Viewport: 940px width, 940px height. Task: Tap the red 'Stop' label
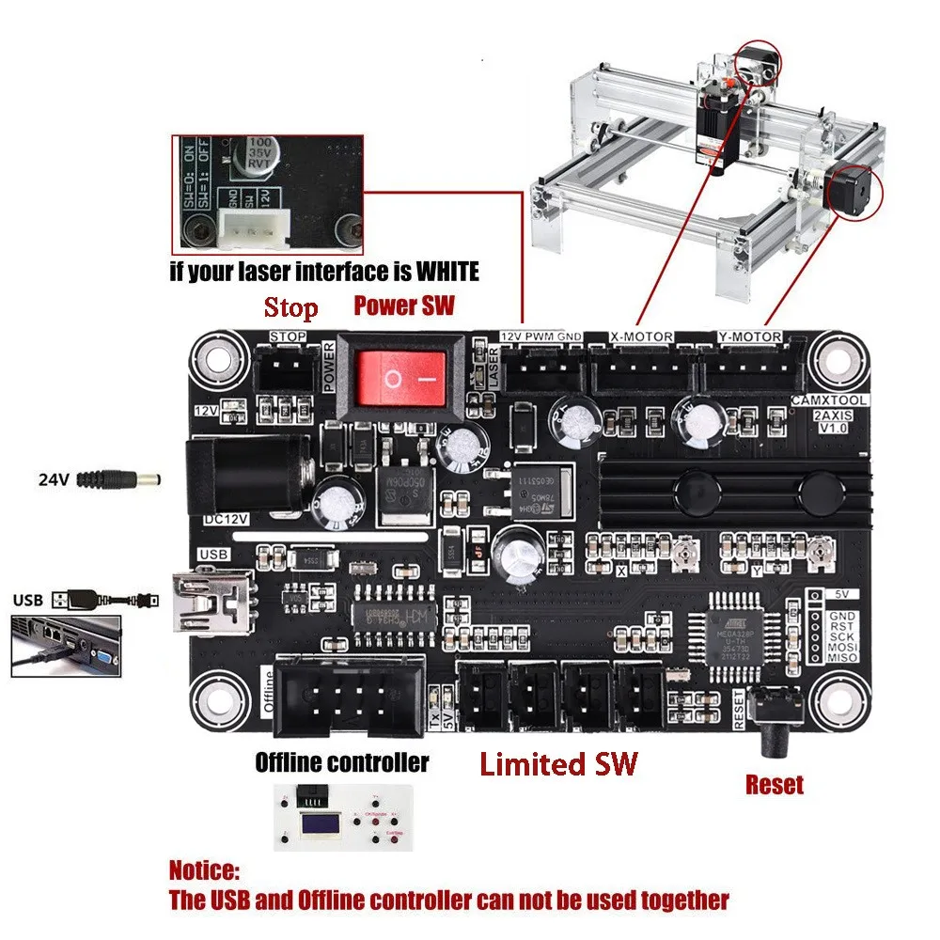(x=290, y=307)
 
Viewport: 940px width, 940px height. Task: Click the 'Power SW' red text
(x=403, y=305)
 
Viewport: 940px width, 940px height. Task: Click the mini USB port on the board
(x=210, y=600)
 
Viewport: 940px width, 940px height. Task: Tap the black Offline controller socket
(x=347, y=698)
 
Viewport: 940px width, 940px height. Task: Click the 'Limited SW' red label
(x=558, y=763)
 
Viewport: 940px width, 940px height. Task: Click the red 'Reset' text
(x=774, y=784)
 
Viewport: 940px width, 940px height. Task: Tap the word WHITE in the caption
(x=435, y=273)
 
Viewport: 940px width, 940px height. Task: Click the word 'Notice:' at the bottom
(x=205, y=869)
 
